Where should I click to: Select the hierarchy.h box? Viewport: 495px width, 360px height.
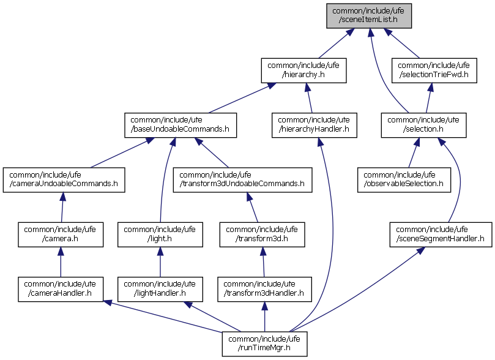pos(303,70)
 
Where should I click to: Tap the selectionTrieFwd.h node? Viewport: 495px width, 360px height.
pos(434,70)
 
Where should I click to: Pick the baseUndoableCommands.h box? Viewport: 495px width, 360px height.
pos(181,124)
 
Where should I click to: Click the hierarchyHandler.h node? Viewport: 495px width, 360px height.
pos(314,124)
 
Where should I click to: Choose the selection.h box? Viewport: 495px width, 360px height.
pos(423,124)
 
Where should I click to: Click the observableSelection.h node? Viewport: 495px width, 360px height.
pos(404,178)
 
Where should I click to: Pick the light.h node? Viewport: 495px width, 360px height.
pos(160,234)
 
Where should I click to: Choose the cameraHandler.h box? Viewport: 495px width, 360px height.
pos(59,288)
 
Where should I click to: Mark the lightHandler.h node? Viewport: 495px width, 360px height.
pos(160,288)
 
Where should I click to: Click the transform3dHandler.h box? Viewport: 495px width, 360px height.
pos(264,288)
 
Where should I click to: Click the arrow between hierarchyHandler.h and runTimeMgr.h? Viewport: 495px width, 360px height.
pos(333,233)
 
